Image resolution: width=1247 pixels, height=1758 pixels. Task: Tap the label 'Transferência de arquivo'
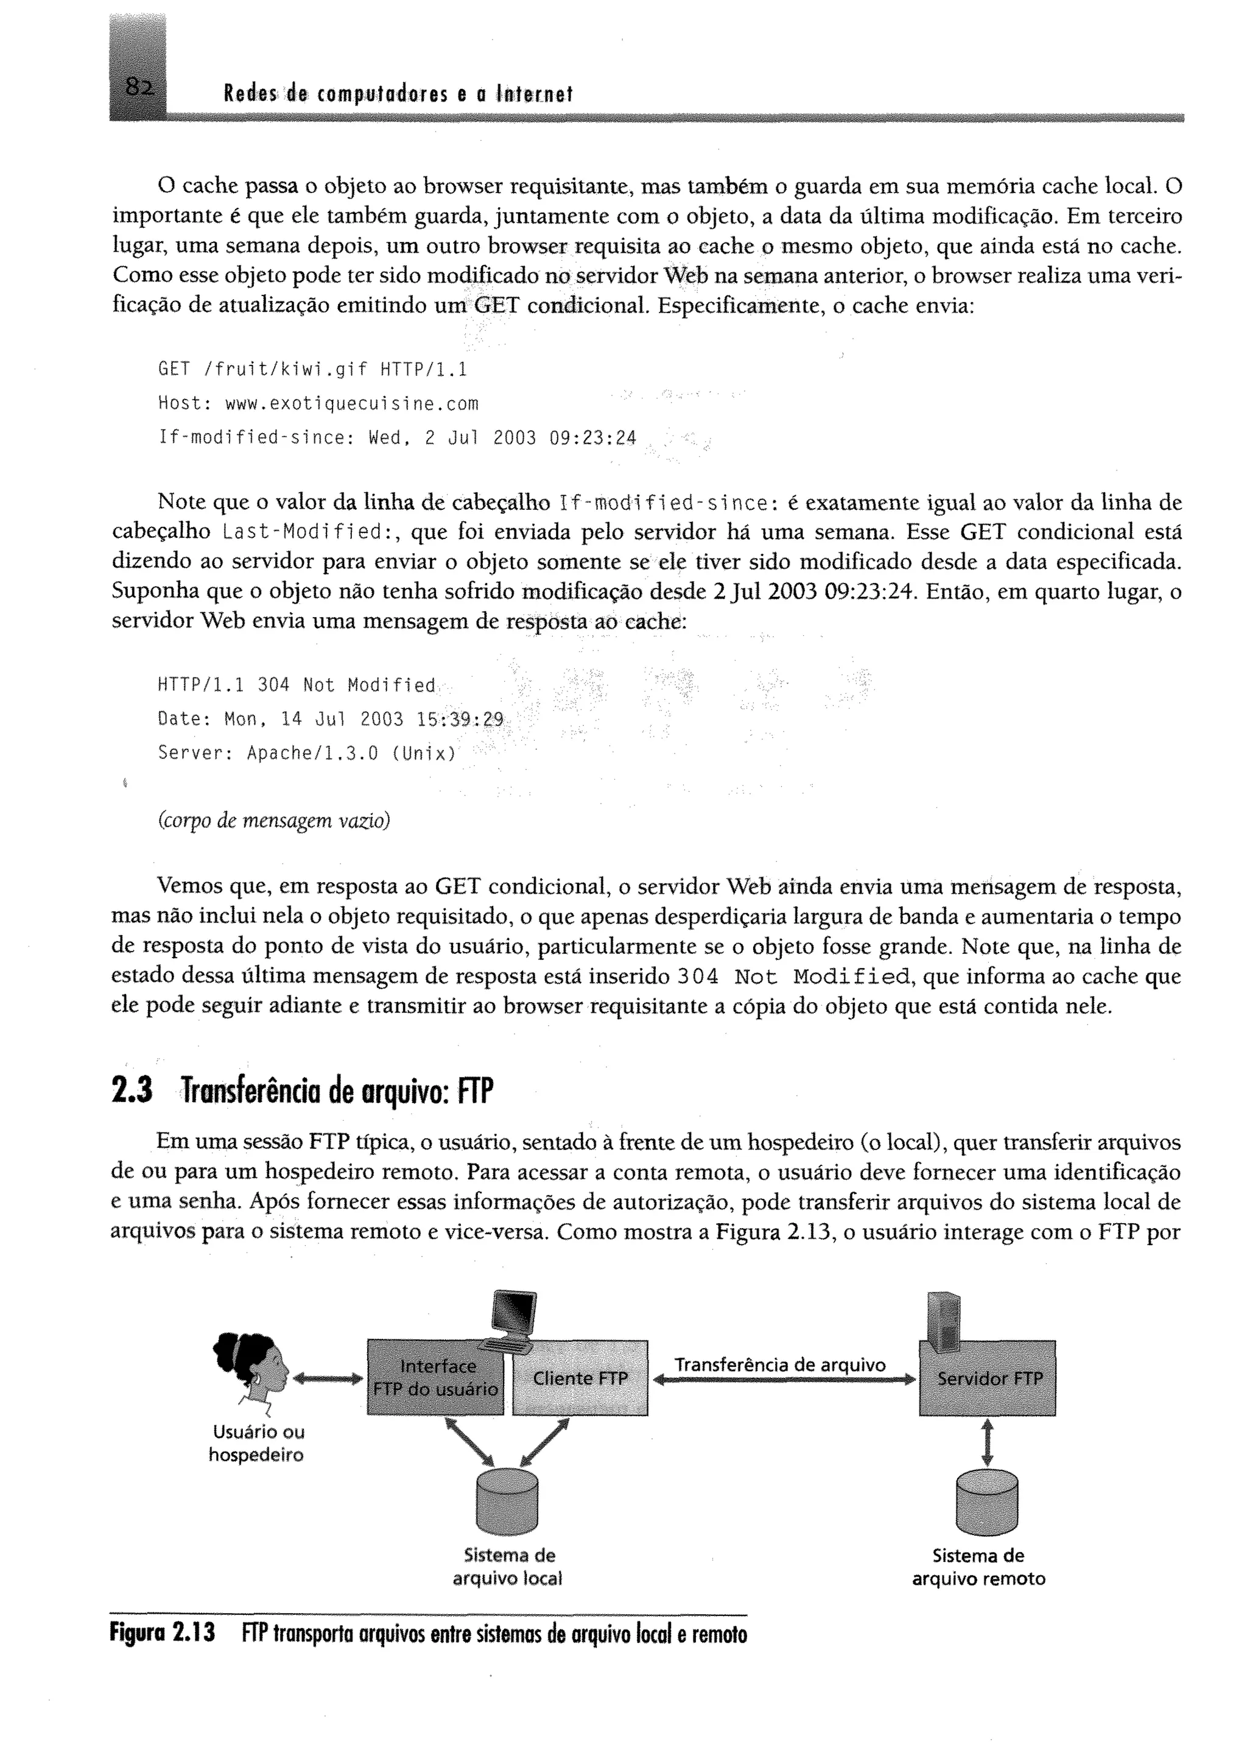click(780, 1364)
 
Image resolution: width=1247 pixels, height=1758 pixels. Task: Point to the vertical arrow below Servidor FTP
click(988, 1442)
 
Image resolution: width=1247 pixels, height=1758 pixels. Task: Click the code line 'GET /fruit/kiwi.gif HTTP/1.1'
click(312, 370)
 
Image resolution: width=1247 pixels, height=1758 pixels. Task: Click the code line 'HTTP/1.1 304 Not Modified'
click(297, 685)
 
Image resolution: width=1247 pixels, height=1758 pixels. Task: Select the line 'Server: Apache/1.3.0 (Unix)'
click(307, 753)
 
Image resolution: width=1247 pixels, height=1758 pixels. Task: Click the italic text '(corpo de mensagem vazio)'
click(274, 821)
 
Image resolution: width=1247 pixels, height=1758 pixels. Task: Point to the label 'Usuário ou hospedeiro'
click(256, 1443)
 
